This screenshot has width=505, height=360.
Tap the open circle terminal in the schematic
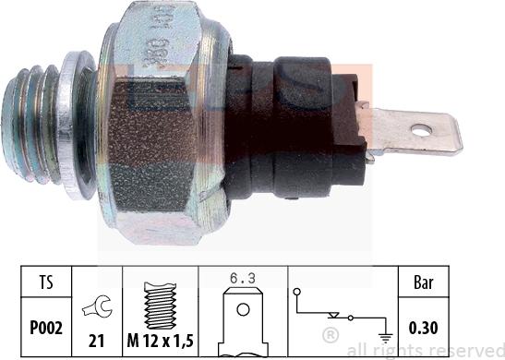(x=299, y=295)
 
